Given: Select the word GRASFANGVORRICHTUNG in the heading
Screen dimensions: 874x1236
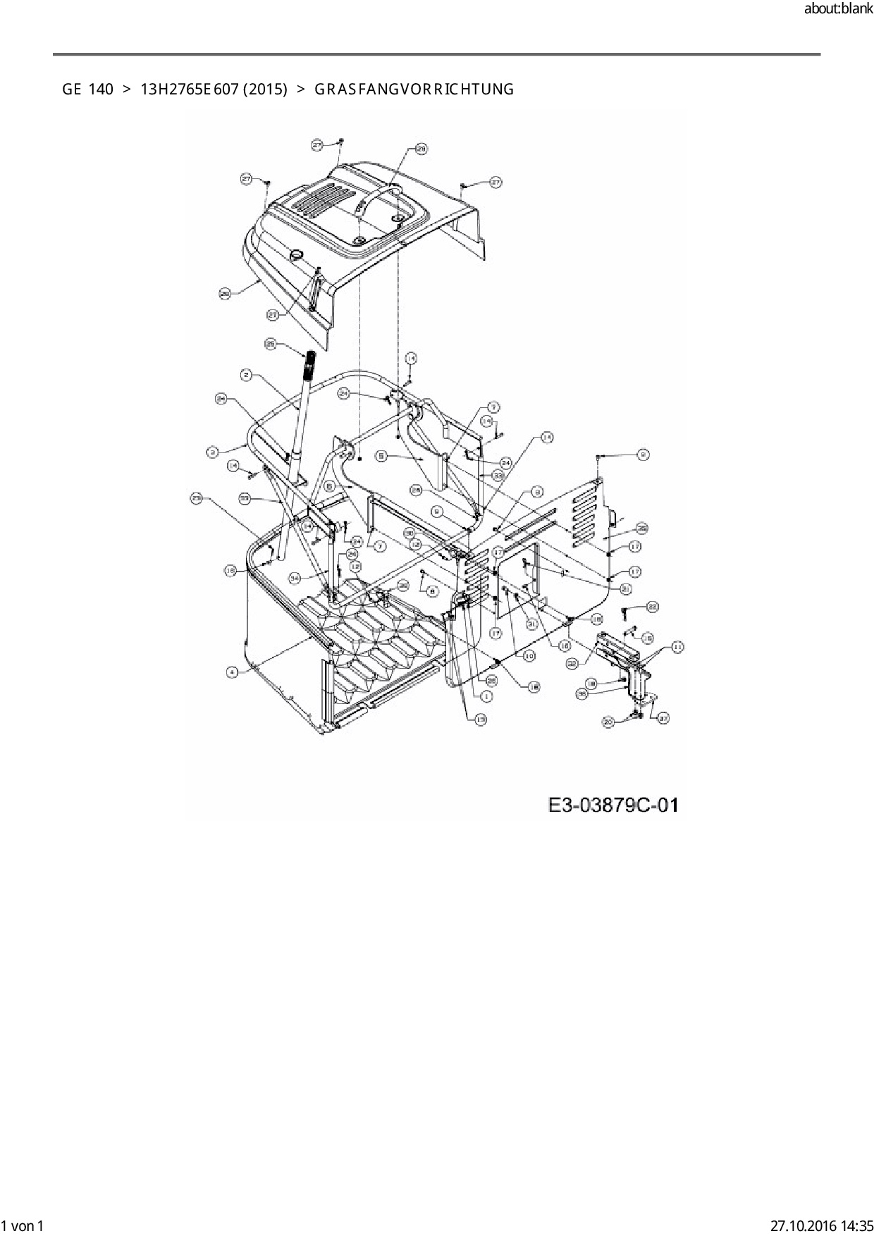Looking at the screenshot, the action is click(414, 89).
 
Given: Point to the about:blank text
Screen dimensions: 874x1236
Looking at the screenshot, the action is click(838, 10).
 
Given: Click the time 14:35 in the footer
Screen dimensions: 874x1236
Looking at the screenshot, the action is click(855, 1225).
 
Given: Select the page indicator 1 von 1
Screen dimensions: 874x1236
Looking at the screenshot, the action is click(23, 1225).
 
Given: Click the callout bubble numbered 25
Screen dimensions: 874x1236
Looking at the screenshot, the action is click(271, 344).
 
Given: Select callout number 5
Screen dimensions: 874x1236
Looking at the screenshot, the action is click(381, 457).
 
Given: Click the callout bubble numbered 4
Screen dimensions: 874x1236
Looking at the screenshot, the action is click(232, 672).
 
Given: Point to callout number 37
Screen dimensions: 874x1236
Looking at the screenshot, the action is click(663, 718).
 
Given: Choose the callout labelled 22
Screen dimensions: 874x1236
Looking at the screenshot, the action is click(652, 606).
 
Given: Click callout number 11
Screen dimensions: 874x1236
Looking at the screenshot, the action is click(677, 646).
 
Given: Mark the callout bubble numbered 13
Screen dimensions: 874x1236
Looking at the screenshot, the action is click(481, 719).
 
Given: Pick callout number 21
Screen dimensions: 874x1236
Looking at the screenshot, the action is click(626, 589).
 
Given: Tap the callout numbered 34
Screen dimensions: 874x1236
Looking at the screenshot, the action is click(295, 577).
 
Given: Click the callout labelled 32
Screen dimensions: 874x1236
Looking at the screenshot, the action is click(572, 662).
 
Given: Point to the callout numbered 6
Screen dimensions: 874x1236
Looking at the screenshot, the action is click(330, 486).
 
